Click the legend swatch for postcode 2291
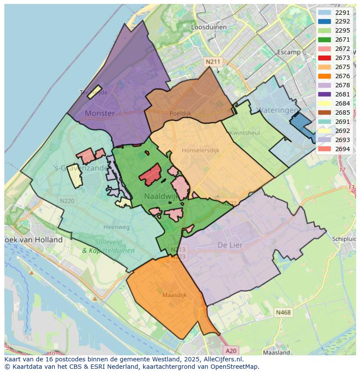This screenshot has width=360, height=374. [x=324, y=13]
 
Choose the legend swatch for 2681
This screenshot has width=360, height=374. [x=324, y=94]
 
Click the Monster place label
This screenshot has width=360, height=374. [x=100, y=113]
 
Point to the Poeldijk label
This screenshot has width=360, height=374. [x=180, y=113]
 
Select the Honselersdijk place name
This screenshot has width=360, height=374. [x=200, y=150]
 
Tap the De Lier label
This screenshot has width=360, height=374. [x=230, y=245]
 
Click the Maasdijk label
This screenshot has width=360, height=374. [x=174, y=295]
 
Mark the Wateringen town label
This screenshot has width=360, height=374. [x=277, y=110]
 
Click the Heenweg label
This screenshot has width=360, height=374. [x=117, y=227]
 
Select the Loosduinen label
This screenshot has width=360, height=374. [x=209, y=27]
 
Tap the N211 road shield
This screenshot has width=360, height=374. [x=213, y=62]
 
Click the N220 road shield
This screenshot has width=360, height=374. [x=67, y=201]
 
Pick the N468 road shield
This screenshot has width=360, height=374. [x=283, y=312]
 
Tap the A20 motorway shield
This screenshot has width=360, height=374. [x=232, y=351]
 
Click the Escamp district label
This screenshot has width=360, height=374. [x=289, y=52]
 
